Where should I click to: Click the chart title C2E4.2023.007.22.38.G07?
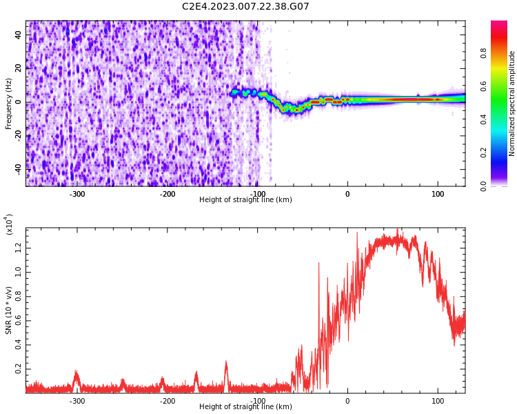pyautogui.click(x=245, y=6)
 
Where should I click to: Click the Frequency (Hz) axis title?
pyautogui.click(x=9, y=103)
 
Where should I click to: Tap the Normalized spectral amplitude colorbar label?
pyautogui.click(x=512, y=103)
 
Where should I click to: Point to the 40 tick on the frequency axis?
pyautogui.click(x=18, y=35)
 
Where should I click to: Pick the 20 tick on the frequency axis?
pyautogui.click(x=18, y=69)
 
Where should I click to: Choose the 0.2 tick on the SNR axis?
pyautogui.click(x=18, y=369)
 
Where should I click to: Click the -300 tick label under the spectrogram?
pyautogui.click(x=77, y=194)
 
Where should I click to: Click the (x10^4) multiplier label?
pyautogui.click(x=9, y=224)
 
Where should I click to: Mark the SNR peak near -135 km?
pyautogui.click(x=226, y=363)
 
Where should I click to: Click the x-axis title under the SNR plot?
pyautogui.click(x=245, y=407)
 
